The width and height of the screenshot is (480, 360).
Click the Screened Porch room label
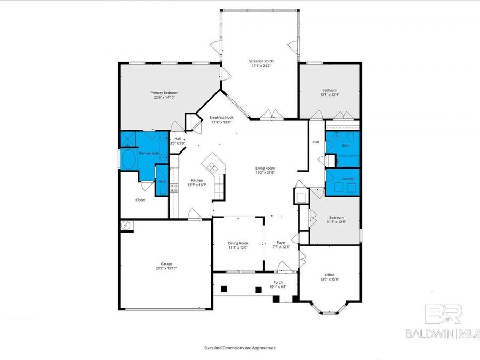pyautogui.click(x=261, y=61)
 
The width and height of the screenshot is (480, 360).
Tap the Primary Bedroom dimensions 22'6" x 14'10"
pyautogui.click(x=164, y=98)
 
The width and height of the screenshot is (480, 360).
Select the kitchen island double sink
pyautogui.click(x=212, y=166)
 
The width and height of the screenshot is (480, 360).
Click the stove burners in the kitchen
pyautogui.click(x=173, y=187)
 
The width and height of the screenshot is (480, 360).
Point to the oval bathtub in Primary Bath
pyautogui.click(x=129, y=159)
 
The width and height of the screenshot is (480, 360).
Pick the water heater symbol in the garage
pyautogui.click(x=126, y=226)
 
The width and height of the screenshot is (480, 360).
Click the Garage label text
pyautogui.click(x=166, y=263)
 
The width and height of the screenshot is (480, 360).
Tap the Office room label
pyautogui.click(x=329, y=274)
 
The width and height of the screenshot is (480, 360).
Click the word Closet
pyautogui.click(x=140, y=200)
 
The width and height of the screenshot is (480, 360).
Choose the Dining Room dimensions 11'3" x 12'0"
pyautogui.click(x=238, y=247)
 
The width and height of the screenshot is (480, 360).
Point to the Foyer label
pyautogui.click(x=281, y=243)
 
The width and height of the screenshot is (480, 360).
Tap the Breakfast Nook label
pyautogui.click(x=221, y=117)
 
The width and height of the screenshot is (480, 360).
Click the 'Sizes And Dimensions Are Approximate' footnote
pyautogui.click(x=240, y=347)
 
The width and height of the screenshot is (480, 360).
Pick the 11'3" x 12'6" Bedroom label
pyautogui.click(x=336, y=217)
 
